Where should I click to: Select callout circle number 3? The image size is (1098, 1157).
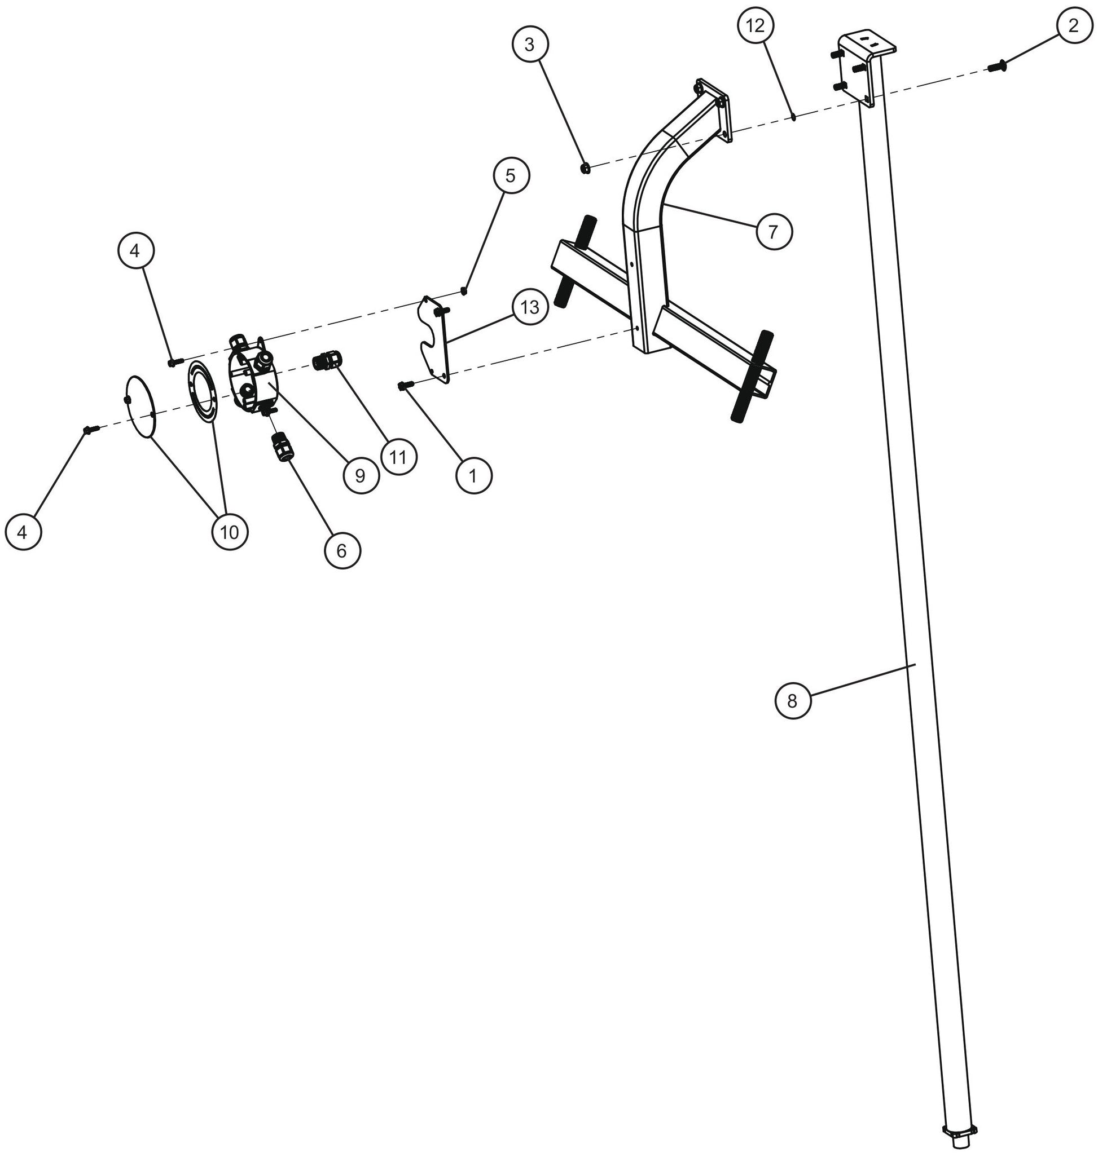tap(529, 45)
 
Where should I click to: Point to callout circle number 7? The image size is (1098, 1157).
tap(773, 232)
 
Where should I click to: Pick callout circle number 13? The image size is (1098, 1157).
tap(530, 307)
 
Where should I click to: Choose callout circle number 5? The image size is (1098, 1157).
tap(511, 175)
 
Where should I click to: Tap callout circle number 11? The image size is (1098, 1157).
tap(398, 457)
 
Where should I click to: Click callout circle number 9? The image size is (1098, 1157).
tap(360, 475)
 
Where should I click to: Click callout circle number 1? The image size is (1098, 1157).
tap(473, 475)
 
